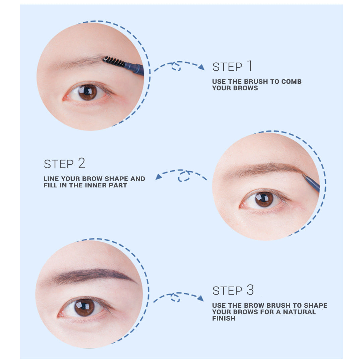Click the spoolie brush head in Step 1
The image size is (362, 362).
click(x=114, y=61)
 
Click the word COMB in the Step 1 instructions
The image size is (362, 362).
click(x=291, y=81)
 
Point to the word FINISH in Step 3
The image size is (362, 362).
click(x=224, y=318)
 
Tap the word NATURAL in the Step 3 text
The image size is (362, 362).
click(x=299, y=312)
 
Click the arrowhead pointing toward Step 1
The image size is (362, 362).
click(x=201, y=67)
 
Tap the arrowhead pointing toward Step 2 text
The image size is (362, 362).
click(x=159, y=177)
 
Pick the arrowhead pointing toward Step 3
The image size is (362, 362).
click(x=200, y=298)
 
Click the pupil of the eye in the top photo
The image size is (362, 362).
click(x=87, y=92)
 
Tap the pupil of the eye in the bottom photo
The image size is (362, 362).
click(x=84, y=307)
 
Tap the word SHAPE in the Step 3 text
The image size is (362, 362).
click(x=316, y=305)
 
